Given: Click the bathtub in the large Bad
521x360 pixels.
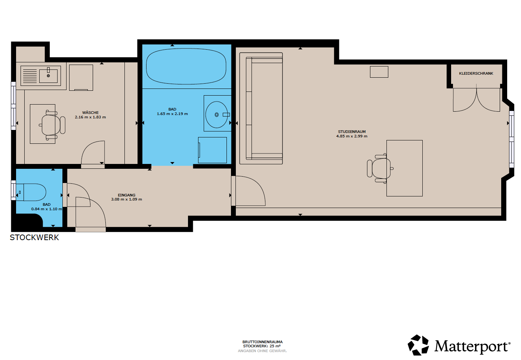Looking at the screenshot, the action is tap(186, 66).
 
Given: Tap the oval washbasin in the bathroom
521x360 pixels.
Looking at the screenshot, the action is tap(216, 115).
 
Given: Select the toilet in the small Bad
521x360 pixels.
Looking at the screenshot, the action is tap(31, 192).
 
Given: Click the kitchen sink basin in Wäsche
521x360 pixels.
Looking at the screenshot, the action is tap(48, 76).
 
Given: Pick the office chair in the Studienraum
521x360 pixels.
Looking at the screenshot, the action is tap(380, 168).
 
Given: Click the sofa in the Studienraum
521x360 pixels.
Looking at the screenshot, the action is tap(261, 108).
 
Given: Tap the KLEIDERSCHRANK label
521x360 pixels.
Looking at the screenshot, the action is tap(476, 74).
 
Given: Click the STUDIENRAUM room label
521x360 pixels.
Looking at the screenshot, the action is tap(352, 131).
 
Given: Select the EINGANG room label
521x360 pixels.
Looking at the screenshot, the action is tap(127, 195).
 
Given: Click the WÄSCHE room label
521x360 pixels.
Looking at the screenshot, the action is tap(90, 112).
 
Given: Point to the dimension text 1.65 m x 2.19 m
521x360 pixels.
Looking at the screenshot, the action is tap(172, 114).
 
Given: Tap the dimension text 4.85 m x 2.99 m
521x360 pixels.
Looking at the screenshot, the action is tap(352, 136).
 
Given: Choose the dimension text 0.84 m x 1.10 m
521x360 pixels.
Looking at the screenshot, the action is tap(47, 209).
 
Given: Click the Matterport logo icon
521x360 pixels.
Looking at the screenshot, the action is tap(418, 345).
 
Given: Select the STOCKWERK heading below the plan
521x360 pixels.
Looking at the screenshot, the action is tap(34, 238).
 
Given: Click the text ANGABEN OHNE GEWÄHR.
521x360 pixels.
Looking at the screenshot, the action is tap(262, 351).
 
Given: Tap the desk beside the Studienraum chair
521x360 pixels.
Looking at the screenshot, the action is tap(404, 168).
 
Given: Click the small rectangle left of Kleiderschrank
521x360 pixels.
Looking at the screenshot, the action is tap(379, 72).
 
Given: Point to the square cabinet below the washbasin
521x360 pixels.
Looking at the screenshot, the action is tap(212, 150).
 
